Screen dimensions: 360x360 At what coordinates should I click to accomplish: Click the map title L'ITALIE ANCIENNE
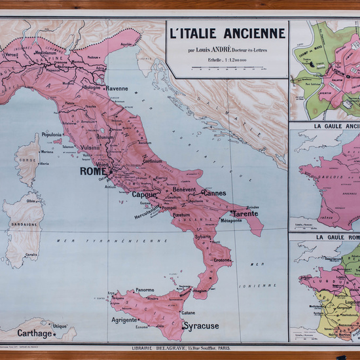(227, 33)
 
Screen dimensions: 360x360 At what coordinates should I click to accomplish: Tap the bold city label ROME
(92, 171)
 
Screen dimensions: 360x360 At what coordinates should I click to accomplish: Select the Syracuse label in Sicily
(201, 325)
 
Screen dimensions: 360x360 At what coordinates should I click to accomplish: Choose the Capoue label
(144, 194)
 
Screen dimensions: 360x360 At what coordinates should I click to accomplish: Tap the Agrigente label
(124, 321)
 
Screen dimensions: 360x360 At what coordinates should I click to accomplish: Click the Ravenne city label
(117, 88)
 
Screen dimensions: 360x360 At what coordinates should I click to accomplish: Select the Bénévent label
(184, 189)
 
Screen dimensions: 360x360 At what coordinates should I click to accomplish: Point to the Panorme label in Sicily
(145, 289)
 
